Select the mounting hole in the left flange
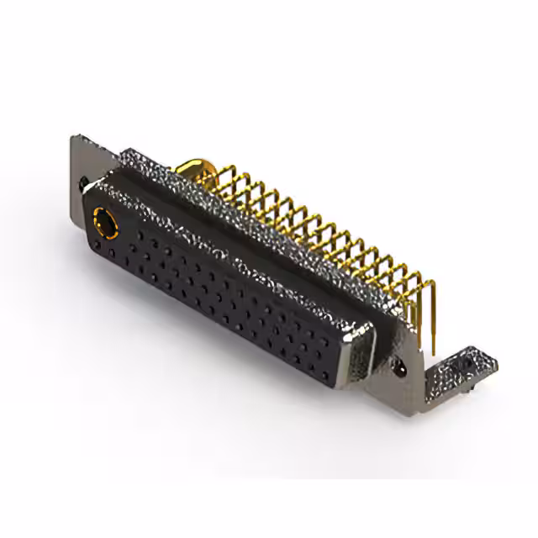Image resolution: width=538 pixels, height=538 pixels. [84, 180]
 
